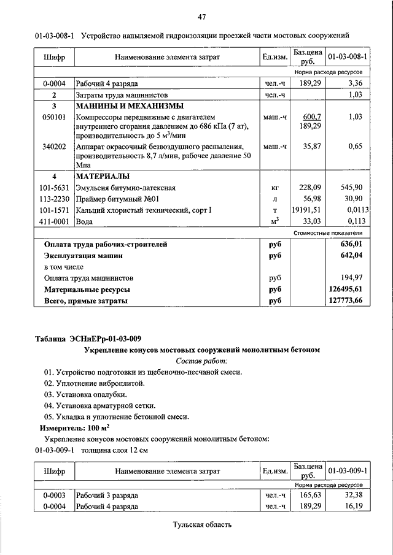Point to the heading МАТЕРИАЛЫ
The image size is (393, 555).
tap(101, 177)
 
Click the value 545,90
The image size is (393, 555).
tap(351, 188)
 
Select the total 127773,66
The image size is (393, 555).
tap(346, 300)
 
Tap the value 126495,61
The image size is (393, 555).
tap(346, 289)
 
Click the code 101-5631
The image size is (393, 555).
tap(54, 188)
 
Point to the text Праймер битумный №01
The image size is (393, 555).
tap(117, 199)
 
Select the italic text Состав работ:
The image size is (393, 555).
tap(201, 361)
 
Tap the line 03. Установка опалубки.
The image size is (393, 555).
tap(85, 394)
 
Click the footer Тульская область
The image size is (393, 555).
tap(202, 525)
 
